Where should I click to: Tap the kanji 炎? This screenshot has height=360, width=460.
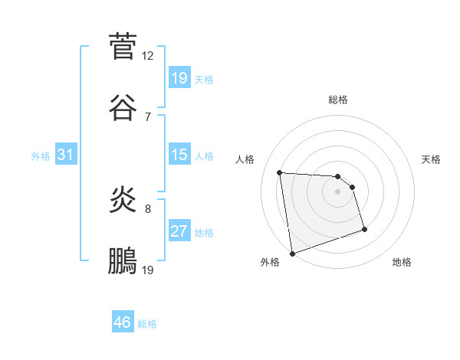pyautogui.click(x=123, y=199)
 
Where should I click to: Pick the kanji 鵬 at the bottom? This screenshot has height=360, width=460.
pyautogui.click(x=123, y=261)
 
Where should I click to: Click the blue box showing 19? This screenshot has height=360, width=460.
pyautogui.click(x=179, y=78)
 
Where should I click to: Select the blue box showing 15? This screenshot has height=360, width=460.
pyautogui.click(x=179, y=155)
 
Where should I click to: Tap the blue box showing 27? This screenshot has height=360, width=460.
pyautogui.click(x=179, y=231)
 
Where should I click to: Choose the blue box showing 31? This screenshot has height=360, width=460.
pyautogui.click(x=66, y=155)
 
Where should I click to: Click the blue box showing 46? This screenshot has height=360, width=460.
pyautogui.click(x=123, y=322)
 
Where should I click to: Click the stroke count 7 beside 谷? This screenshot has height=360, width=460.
pyautogui.click(x=147, y=116)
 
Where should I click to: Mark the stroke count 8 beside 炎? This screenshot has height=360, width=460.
pyautogui.click(x=147, y=208)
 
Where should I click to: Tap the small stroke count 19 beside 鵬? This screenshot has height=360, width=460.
pyautogui.click(x=148, y=270)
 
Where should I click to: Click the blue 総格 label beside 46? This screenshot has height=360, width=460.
pyautogui.click(x=147, y=324)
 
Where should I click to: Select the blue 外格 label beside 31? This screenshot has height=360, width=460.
pyautogui.click(x=41, y=156)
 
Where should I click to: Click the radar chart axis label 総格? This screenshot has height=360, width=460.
pyautogui.click(x=338, y=100)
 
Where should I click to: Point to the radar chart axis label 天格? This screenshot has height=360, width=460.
pyautogui.click(x=432, y=159)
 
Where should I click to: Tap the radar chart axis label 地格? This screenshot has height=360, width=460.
pyautogui.click(x=402, y=263)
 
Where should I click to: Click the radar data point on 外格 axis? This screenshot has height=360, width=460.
pyautogui.click(x=292, y=252)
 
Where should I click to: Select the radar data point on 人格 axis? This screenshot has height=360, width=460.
pyautogui.click(x=280, y=172)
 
